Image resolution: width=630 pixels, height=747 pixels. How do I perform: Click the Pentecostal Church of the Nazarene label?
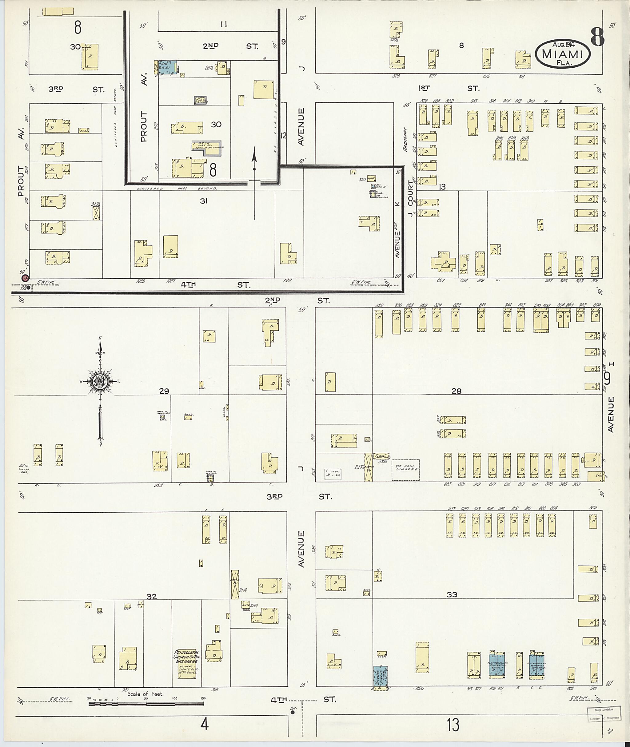point(187,662)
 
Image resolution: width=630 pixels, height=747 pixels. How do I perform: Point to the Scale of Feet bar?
point(146,704)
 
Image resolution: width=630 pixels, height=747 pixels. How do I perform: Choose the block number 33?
point(452,594)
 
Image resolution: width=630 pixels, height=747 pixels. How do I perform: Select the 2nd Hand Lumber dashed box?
point(405,470)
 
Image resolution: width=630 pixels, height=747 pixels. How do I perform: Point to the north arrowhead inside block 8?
point(254,156)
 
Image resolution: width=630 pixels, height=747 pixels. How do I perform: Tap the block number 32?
point(152,596)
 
